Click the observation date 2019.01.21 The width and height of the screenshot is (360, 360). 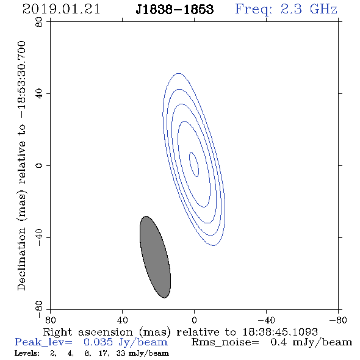tap(61, 9)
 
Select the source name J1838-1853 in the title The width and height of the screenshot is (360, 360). tap(175, 9)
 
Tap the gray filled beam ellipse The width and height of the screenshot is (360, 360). tap(155, 257)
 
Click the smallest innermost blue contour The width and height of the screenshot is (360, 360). tap(194, 164)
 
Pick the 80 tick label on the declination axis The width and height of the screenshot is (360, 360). tap(40, 22)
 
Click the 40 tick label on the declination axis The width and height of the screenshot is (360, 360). tap(40, 94)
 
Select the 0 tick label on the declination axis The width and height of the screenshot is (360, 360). tap(40, 165)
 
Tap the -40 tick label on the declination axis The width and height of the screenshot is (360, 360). tap(40, 237)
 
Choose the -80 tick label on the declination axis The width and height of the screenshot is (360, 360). tap(40, 309)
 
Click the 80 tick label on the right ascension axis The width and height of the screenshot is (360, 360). tap(50, 320)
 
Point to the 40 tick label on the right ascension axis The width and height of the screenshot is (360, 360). tap(122, 320)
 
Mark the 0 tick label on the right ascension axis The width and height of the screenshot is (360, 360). tap(194, 320)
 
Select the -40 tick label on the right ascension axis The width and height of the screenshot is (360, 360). tap(266, 320)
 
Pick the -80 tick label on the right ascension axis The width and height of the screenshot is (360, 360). tap(338, 320)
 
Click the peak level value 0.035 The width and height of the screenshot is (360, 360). tap(98, 342)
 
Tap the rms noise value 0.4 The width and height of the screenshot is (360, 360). tap(279, 342)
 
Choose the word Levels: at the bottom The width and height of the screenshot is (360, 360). tap(27, 353)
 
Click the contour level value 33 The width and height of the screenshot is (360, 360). tap(121, 353)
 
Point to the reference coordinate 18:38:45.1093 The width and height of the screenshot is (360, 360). tap(280, 332)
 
